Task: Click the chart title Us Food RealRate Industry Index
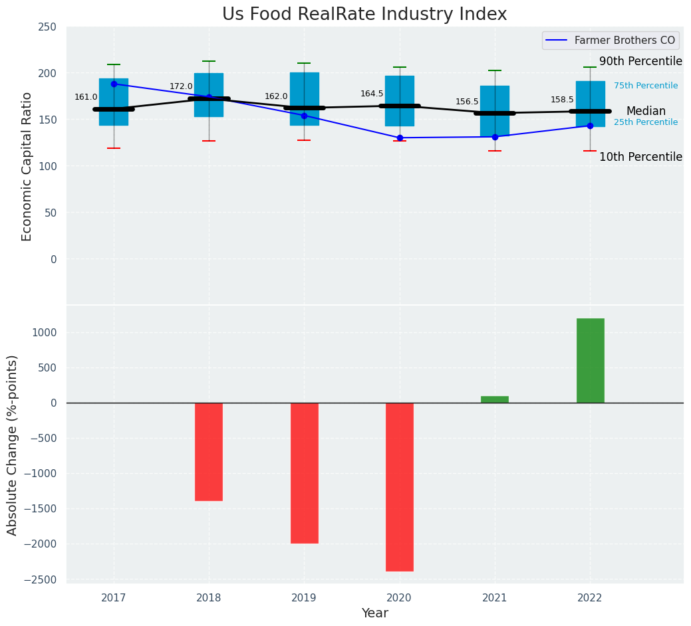(x=364, y=15)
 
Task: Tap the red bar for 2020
(x=400, y=486)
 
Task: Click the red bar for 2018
(x=209, y=451)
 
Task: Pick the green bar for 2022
(x=590, y=360)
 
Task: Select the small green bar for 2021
(x=495, y=399)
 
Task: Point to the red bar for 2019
(x=304, y=472)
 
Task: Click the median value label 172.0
(x=181, y=86)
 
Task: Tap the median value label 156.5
(x=467, y=102)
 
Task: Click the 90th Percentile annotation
(x=640, y=61)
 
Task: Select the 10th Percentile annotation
(x=640, y=157)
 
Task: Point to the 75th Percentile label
(x=645, y=86)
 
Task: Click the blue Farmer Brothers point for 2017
(x=114, y=84)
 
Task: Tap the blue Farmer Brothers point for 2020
(x=400, y=138)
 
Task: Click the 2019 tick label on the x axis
(x=304, y=598)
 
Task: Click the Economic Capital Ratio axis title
(x=27, y=166)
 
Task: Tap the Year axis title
(x=374, y=613)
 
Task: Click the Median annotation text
(x=645, y=111)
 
